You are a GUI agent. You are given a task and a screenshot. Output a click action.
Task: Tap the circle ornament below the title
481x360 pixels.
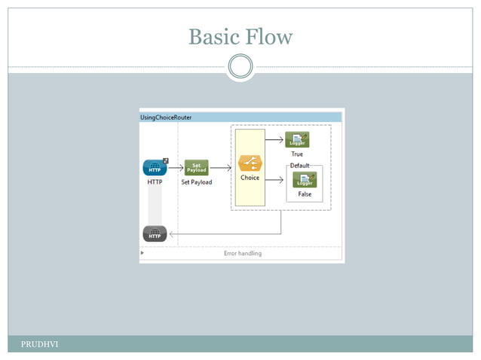tap(240, 67)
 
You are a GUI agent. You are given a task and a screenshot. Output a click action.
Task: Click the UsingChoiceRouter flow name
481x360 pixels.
tap(166, 117)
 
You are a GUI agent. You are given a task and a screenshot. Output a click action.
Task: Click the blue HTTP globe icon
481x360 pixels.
tap(155, 167)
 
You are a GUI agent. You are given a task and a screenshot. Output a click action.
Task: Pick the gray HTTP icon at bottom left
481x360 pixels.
tap(155, 234)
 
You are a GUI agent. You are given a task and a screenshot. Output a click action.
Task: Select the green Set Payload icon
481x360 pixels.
tap(196, 167)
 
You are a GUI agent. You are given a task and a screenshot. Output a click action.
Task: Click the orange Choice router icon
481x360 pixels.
tap(250, 164)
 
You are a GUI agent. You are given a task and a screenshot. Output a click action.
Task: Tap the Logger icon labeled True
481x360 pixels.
tap(297, 139)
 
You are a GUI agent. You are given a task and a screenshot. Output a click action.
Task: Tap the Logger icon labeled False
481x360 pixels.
tap(305, 180)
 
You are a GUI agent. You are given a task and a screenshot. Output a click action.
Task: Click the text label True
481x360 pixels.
tap(297, 154)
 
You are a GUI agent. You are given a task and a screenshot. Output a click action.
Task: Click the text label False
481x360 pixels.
tap(305, 194)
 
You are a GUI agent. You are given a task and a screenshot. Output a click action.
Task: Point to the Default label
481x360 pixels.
tap(300, 165)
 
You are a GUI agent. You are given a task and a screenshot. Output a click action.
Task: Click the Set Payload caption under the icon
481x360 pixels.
tap(196, 182)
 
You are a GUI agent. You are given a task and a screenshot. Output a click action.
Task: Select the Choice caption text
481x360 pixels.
tap(250, 178)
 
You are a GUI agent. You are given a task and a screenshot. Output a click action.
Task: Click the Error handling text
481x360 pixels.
tap(243, 254)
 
